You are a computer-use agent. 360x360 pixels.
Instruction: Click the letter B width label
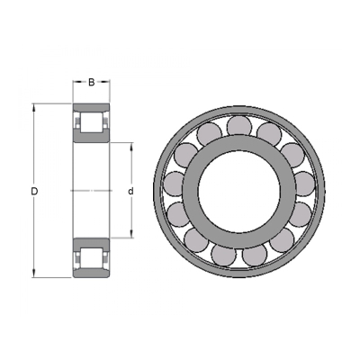coord(92,82)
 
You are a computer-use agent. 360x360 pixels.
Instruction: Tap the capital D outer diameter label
coord(34,191)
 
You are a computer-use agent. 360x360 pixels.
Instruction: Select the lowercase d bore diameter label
coord(130,191)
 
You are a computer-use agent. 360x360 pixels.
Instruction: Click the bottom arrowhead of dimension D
coord(34,274)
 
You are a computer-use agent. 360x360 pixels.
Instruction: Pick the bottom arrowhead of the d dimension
coord(131,234)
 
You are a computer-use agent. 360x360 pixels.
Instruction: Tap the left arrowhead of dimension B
coord(76,81)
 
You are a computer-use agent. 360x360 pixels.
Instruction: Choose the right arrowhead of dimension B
coord(106,81)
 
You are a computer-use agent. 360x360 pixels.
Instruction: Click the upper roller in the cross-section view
coord(92,122)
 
